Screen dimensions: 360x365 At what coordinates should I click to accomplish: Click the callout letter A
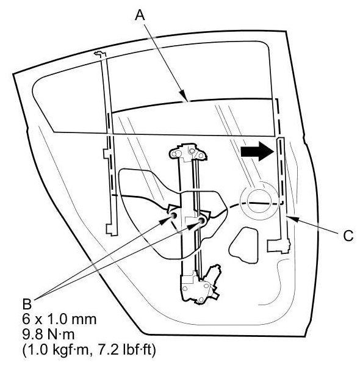pyautogui.click(x=140, y=15)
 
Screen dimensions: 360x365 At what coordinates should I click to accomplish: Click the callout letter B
pyautogui.click(x=27, y=304)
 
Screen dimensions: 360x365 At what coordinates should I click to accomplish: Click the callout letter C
pyautogui.click(x=348, y=236)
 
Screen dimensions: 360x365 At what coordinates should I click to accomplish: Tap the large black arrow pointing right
pyautogui.click(x=257, y=151)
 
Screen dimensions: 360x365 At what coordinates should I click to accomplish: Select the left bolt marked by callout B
pyautogui.click(x=174, y=215)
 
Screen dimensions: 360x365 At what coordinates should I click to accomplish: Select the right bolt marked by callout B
pyautogui.click(x=201, y=220)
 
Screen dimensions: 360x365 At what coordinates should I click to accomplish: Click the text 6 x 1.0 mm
pyautogui.click(x=59, y=319)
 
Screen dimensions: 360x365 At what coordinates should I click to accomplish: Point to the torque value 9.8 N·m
pyautogui.click(x=49, y=334)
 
